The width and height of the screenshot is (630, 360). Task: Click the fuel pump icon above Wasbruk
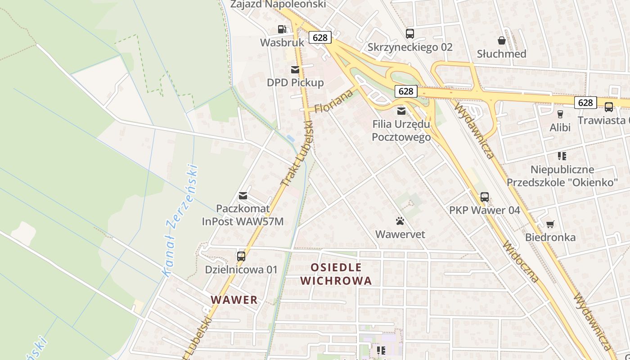282,29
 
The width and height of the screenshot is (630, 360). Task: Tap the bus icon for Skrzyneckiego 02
409,33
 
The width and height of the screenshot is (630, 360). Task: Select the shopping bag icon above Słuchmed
502,40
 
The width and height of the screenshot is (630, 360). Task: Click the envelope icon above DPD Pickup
295,70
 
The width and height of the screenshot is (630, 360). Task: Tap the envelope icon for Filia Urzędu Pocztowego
401,111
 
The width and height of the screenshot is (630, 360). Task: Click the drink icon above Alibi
560,114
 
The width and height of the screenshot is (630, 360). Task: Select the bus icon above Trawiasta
608,107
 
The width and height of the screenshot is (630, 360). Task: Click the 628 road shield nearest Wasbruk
320,37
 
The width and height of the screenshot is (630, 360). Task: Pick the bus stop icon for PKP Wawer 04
484,197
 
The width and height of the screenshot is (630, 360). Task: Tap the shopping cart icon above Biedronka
550,224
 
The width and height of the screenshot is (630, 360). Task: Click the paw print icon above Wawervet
400,221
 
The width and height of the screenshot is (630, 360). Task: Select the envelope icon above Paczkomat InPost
243,196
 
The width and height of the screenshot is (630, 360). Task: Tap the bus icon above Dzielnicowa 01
241,256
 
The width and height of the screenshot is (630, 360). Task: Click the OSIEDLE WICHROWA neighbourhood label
336,274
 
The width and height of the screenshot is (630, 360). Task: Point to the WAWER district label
234,300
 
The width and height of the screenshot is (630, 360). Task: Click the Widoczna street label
521,261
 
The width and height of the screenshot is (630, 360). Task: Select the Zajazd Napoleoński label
278,4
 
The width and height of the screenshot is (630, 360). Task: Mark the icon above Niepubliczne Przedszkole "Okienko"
562,156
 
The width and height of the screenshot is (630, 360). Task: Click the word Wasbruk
282,43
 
